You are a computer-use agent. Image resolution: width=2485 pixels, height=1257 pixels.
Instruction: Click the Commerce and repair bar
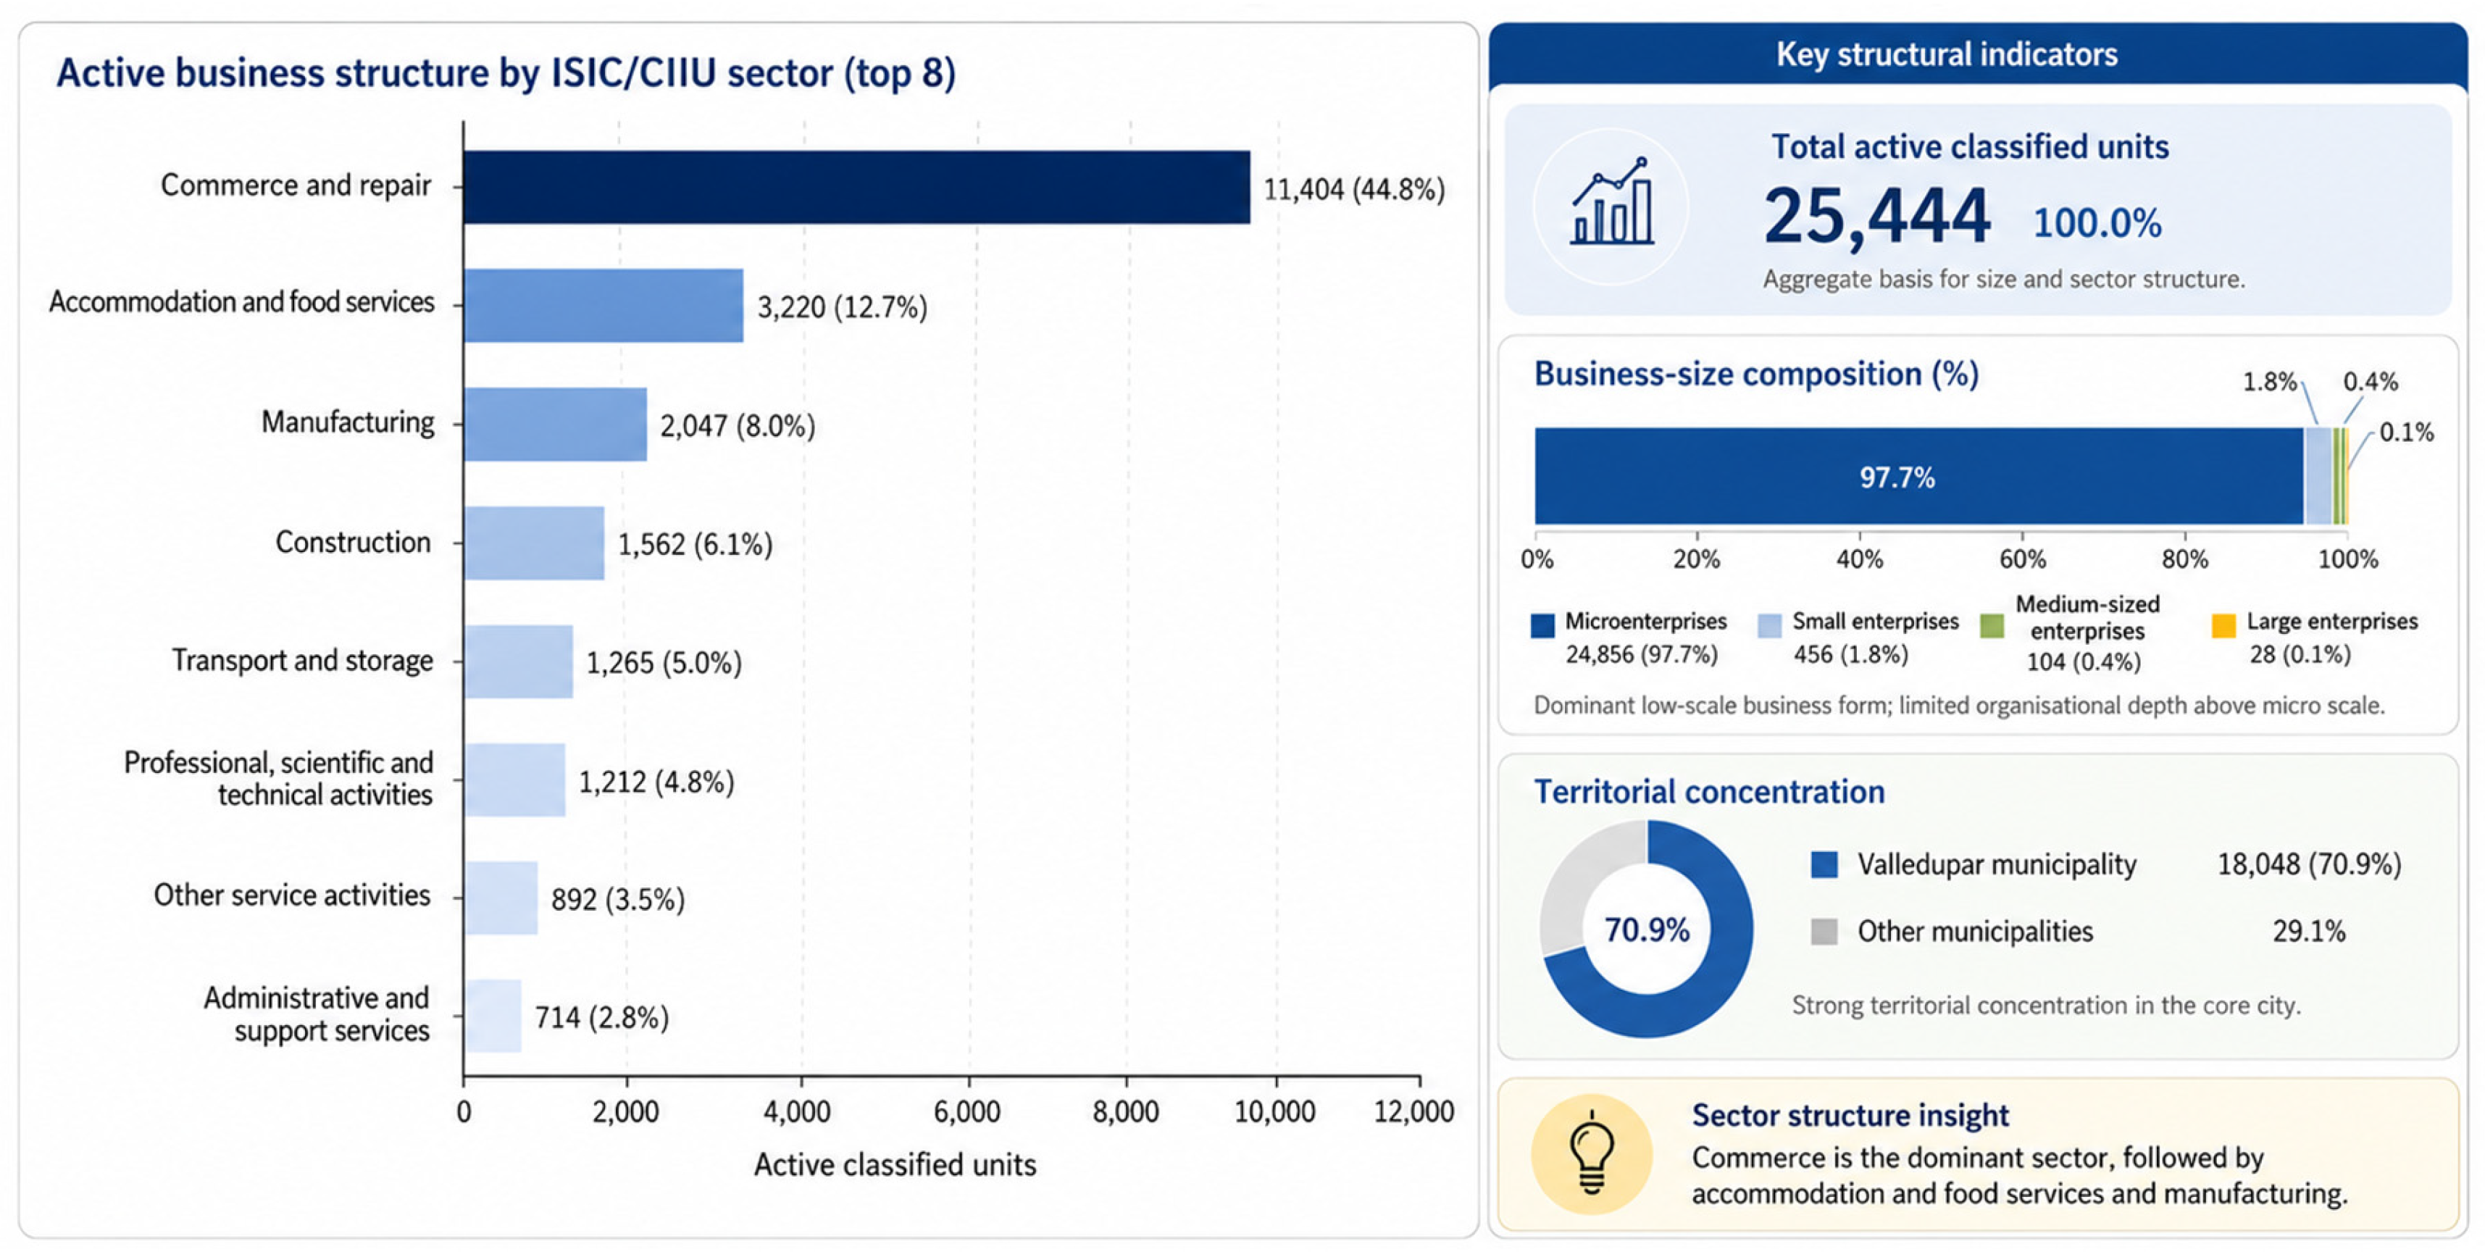coord(856,187)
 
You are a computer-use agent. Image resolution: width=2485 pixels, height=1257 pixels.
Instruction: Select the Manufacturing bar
coord(556,425)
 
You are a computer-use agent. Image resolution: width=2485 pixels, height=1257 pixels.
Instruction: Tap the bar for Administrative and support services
coord(493,1016)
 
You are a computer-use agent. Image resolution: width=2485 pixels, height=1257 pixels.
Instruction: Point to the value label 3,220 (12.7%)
coord(842,306)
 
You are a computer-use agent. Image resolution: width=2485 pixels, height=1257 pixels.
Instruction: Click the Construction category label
coord(353,542)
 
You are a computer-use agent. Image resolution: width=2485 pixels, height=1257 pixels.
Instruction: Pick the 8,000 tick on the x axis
coord(1126,1111)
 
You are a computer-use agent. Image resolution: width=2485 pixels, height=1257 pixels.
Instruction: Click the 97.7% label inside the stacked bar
coord(1897,477)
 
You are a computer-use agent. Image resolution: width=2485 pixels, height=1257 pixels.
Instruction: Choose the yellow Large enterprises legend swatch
coord(2223,625)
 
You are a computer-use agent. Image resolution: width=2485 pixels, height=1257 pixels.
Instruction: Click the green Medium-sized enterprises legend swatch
coord(1991,625)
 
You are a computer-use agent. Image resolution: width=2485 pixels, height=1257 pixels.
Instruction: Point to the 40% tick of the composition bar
coord(1860,559)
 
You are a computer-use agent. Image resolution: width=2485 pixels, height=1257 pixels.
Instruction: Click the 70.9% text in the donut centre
coord(1647,930)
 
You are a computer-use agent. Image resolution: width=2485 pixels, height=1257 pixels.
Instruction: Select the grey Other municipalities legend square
coord(1824,932)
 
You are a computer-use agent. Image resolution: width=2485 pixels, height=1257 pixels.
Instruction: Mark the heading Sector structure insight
coord(1850,1115)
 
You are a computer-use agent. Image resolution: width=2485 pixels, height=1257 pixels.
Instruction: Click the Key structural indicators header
coord(1947,55)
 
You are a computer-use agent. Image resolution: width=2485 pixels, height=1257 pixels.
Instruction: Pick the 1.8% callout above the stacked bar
coord(2270,382)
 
